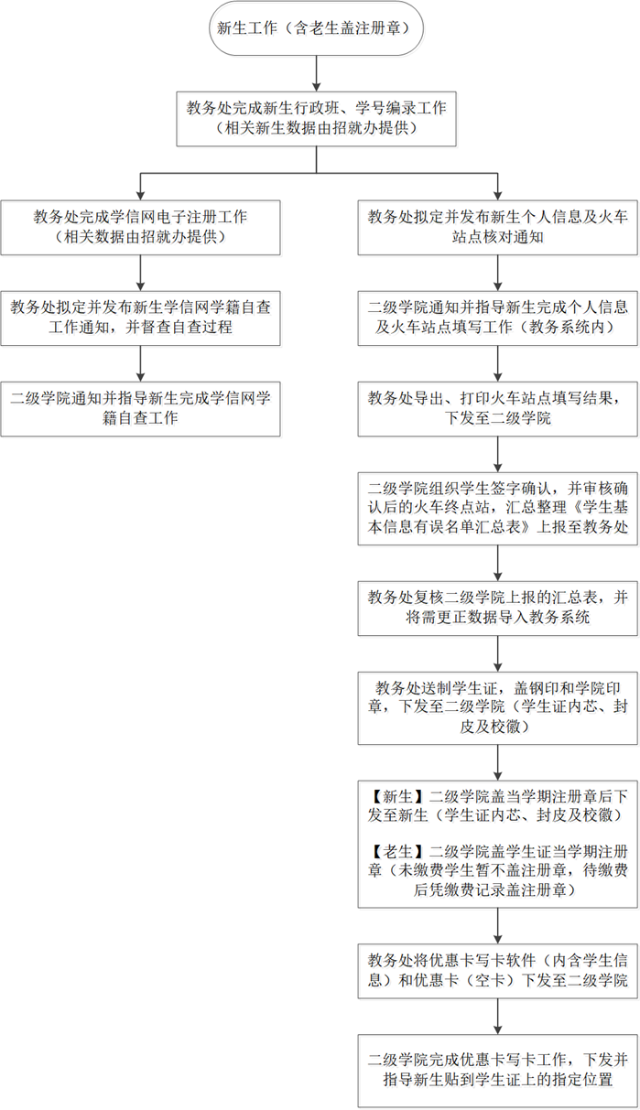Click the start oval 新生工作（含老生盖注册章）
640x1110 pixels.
coord(316,27)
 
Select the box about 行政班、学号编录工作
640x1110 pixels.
coord(316,118)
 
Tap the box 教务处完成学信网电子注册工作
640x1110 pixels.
coord(140,228)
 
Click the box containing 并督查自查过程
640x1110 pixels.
coord(140,318)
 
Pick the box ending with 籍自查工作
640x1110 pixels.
coord(140,409)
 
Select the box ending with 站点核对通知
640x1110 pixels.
coord(498,228)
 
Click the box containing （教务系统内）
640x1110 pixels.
coord(498,318)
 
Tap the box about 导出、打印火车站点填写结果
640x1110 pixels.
coord(498,409)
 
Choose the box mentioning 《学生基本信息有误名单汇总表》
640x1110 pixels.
coord(498,509)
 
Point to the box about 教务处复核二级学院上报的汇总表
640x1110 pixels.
coord(498,609)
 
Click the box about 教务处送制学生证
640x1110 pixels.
coord(498,707)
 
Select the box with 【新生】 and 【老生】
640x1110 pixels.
coord(498,844)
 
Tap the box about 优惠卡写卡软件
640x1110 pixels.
coord(498,971)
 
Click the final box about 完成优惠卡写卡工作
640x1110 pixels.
coord(498,1071)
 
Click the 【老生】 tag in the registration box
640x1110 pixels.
coord(397,852)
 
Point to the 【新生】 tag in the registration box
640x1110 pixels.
coord(397,797)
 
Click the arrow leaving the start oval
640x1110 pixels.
coord(316,73)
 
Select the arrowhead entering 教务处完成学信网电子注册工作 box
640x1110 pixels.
coord(140,196)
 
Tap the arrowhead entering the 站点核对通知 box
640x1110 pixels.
coord(498,196)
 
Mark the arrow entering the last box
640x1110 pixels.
coord(498,1017)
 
